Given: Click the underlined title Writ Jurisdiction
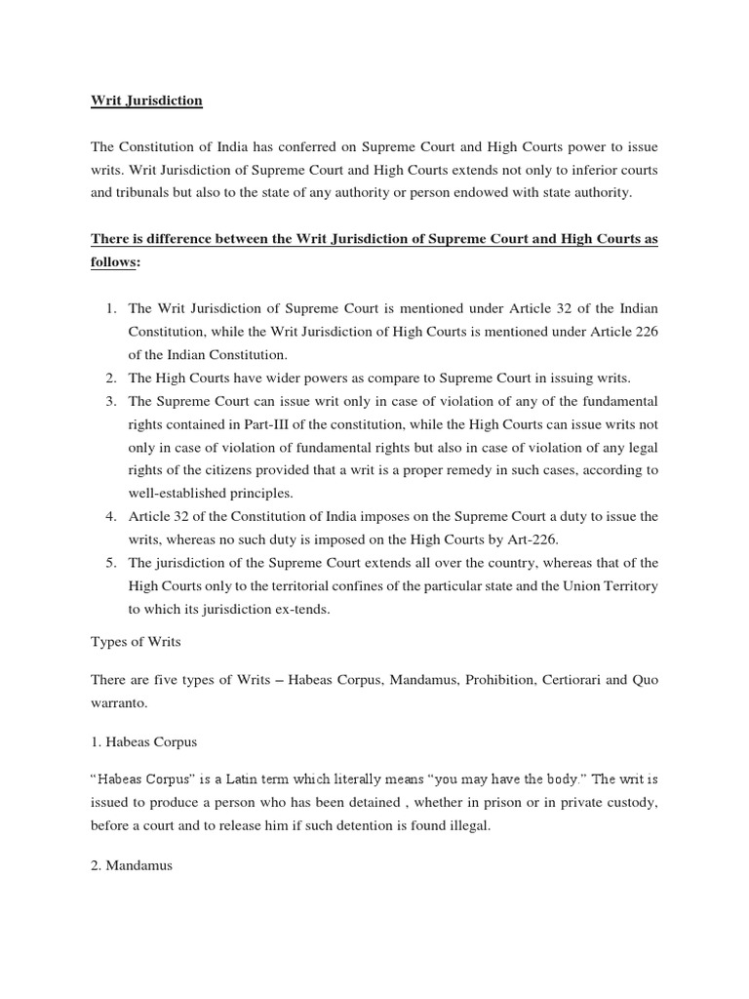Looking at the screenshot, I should click(146, 100).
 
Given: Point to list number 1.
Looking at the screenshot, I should click(110, 309).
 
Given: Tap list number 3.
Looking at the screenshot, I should click(110, 401).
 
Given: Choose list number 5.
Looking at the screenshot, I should click(110, 562).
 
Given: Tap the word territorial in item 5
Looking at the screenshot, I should click(297, 585).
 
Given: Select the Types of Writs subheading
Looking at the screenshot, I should click(136, 644).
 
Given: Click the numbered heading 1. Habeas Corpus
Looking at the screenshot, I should click(143, 741).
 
